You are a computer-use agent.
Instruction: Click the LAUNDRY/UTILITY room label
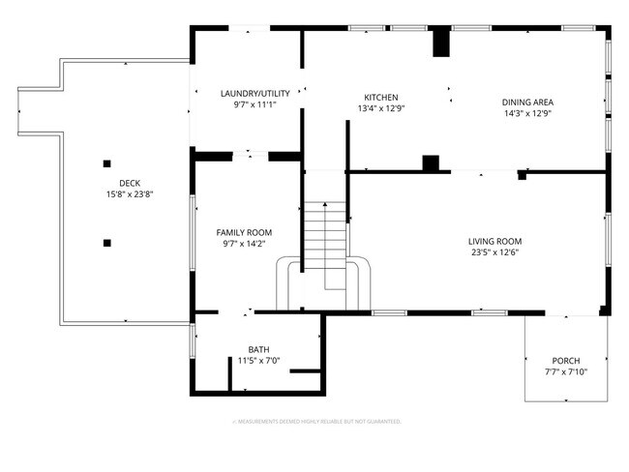pos(248,93)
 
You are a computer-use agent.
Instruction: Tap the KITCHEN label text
pos(380,98)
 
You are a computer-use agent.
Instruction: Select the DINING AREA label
pos(526,102)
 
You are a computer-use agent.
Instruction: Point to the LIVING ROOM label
pos(494,242)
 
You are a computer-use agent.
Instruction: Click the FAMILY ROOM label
pos(243,233)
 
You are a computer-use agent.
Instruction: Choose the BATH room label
pos(258,350)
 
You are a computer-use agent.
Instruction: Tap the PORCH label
pos(566,361)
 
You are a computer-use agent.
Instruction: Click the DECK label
pos(130,183)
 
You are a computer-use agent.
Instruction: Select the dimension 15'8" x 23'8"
pos(130,193)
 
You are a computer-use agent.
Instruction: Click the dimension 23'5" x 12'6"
pos(494,252)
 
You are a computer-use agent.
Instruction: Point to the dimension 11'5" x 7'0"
pos(258,361)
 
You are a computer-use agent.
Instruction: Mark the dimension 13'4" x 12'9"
pos(380,108)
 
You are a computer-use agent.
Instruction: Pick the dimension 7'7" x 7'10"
pos(566,371)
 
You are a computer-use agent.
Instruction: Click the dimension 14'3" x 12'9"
pos(526,112)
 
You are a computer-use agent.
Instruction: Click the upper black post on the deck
pos(107,162)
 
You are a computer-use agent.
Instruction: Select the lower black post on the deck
pos(107,242)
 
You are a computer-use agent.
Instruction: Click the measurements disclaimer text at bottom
pos(315,422)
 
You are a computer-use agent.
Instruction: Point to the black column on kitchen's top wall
pos(440,44)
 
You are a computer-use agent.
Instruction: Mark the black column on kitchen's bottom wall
pos(431,162)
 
